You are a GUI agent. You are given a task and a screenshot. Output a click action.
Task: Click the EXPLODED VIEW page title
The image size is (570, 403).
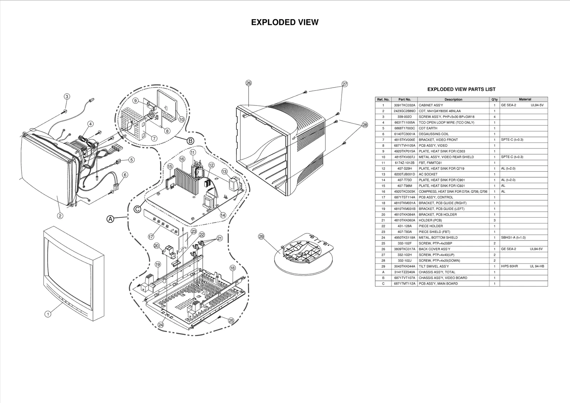[x=285, y=22]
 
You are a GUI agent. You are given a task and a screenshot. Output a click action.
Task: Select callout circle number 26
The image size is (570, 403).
[x=249, y=83]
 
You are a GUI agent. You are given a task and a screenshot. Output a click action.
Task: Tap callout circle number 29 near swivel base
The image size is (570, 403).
[x=261, y=237]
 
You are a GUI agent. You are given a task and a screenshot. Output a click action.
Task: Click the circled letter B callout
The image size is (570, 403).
[x=191, y=141]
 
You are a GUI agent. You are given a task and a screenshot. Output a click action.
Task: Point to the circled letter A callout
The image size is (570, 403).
[x=111, y=219]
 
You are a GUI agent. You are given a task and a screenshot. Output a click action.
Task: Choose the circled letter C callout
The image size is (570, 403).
[x=137, y=209]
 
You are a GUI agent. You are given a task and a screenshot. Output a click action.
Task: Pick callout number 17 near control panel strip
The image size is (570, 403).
[x=151, y=236]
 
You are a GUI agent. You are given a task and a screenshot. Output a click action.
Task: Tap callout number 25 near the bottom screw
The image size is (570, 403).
[x=231, y=321]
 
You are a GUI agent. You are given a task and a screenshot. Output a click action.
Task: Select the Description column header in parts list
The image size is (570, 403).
[x=453, y=99]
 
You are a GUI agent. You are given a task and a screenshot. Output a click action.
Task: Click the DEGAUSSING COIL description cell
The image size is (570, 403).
[x=434, y=134]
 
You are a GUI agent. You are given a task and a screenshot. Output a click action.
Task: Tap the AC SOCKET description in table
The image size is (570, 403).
[x=428, y=174]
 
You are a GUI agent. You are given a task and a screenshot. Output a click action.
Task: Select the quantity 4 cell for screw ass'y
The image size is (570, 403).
[x=494, y=117]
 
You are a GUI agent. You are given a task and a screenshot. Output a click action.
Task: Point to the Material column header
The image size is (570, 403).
[x=525, y=99]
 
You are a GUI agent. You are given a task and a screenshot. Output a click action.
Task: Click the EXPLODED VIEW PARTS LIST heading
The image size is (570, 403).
[x=461, y=89]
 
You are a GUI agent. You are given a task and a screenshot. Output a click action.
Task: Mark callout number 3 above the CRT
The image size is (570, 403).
[x=67, y=96]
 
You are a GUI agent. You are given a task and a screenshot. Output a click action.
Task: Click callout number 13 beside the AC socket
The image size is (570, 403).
[x=224, y=171]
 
